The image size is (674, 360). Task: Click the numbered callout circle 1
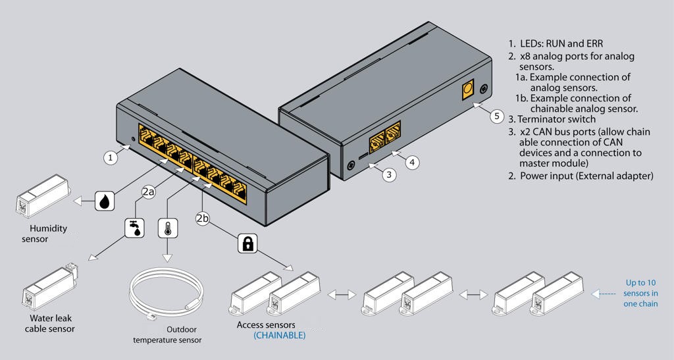pyautogui.click(x=111, y=158)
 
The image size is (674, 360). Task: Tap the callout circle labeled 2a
pyautogui.click(x=148, y=192)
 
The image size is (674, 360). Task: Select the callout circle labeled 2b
pyautogui.click(x=203, y=219)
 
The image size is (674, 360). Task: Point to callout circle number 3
pyautogui.click(x=389, y=174)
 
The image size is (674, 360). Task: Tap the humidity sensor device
pyautogui.click(x=42, y=196)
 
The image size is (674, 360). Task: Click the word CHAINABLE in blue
pyautogui.click(x=279, y=335)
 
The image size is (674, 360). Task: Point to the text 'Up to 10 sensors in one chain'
pyautogui.click(x=641, y=294)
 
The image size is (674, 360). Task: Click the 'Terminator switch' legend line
pyautogui.click(x=552, y=119)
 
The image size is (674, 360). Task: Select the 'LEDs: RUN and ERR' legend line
pyautogui.click(x=556, y=43)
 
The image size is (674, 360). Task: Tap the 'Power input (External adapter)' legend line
pyautogui.click(x=581, y=176)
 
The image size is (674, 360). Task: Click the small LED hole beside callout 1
pyautogui.click(x=133, y=139)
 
